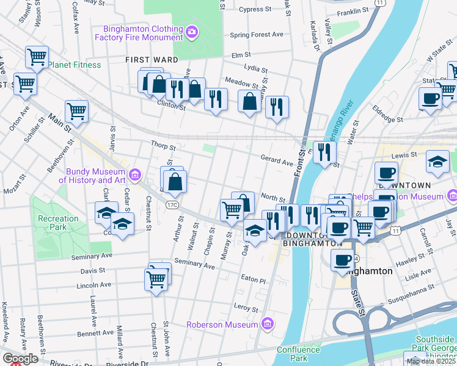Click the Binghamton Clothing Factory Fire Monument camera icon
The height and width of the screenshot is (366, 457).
pos(192,31)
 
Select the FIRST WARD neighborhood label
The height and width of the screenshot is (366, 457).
pos(152,60)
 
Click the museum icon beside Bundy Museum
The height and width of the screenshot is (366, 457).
pos(135,176)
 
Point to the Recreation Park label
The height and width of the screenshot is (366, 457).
pos(58,222)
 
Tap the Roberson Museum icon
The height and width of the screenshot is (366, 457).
pos(266,324)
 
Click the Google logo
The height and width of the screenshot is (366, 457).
pos(20,359)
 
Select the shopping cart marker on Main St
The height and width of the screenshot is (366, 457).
pos(76,111)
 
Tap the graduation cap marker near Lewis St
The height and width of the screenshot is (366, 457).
pos(437,162)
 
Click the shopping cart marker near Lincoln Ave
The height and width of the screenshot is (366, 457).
pos(156,280)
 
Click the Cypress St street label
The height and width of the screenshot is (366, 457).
pos(255,10)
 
